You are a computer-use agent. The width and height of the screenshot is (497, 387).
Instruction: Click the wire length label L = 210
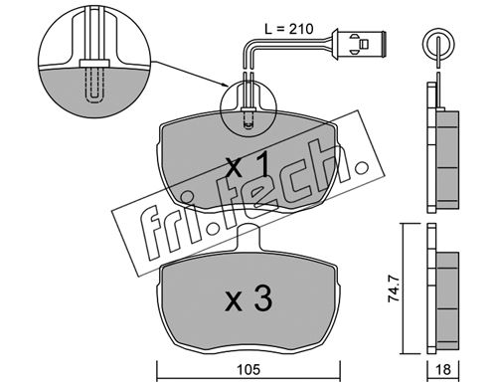pos(288,29)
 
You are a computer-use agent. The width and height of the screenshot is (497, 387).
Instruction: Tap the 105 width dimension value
pos(248,370)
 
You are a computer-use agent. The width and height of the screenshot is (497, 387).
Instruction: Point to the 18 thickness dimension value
pos(443,370)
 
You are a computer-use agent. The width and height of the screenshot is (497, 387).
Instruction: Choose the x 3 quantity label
pos(248,299)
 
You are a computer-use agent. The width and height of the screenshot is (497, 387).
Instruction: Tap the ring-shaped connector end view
pos(438,44)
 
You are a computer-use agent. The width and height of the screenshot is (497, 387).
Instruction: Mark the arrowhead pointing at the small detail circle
pos(224,85)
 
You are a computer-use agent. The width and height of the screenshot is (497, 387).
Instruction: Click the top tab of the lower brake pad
pos(248,237)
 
